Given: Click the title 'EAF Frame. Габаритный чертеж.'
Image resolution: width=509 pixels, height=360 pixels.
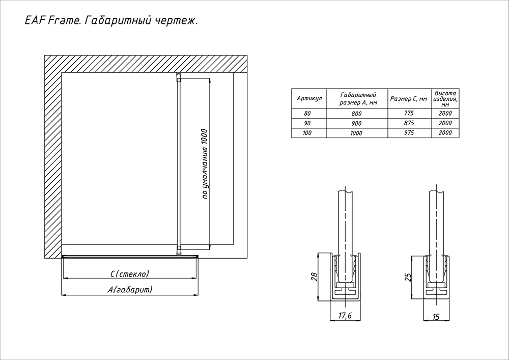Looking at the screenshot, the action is coord(111,21).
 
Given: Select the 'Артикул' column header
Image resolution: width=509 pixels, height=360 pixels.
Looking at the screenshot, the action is coord(309,98).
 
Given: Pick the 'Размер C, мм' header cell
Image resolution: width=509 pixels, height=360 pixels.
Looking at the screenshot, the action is coord(409,99).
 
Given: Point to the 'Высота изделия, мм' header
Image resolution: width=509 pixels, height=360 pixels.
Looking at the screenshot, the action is coord(445,99).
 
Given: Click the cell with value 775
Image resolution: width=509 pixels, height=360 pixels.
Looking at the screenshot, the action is coord(409,113).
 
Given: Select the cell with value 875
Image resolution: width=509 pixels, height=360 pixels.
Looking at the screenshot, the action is coord(409,123).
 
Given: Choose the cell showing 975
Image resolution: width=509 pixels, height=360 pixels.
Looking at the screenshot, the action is coord(409,133).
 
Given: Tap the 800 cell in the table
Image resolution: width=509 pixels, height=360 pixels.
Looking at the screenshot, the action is coord(356,114).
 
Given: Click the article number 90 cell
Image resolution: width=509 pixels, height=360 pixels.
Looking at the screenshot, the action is coord(307,123).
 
